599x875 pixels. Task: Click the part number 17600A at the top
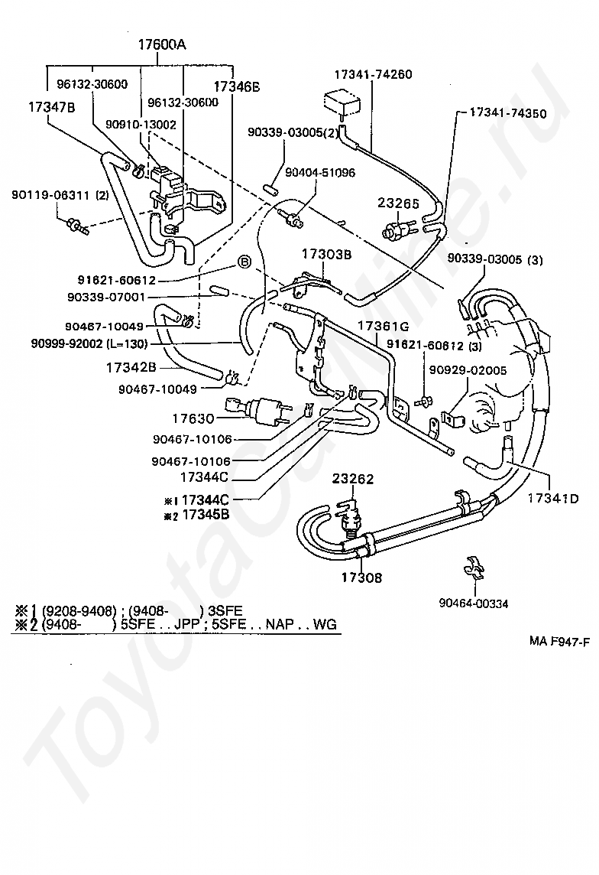pyautogui.click(x=162, y=44)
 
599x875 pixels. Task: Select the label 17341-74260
pyautogui.click(x=373, y=74)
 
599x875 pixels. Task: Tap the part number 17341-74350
pyautogui.click(x=508, y=112)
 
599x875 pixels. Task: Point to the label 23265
pyautogui.click(x=398, y=203)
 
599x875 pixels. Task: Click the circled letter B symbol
pyautogui.click(x=245, y=261)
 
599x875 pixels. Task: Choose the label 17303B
pyautogui.click(x=327, y=255)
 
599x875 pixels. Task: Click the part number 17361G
pyautogui.click(x=384, y=326)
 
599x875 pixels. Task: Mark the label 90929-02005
pyautogui.click(x=468, y=370)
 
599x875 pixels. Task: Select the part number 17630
pyautogui.click(x=193, y=418)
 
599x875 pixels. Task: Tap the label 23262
pyautogui.click(x=353, y=479)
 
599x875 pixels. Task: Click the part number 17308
pyautogui.click(x=362, y=577)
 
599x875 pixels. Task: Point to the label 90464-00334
pyautogui.click(x=474, y=603)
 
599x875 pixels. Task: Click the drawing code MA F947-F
pyautogui.click(x=559, y=641)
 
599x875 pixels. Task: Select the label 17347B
pyautogui.click(x=52, y=106)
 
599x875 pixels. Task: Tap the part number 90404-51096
pyautogui.click(x=320, y=172)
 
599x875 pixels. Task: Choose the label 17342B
pyautogui.click(x=131, y=367)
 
